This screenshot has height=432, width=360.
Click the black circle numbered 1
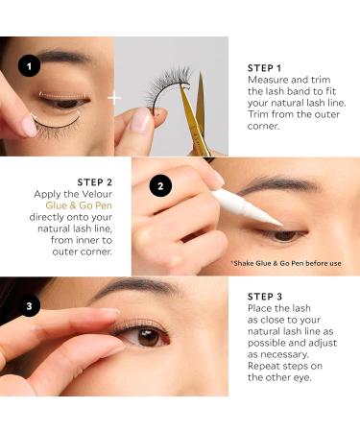pyautogui.click(x=29, y=67)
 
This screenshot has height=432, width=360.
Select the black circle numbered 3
pyautogui.click(x=29, y=307)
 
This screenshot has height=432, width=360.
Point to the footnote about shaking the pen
pyautogui.click(x=286, y=262)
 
